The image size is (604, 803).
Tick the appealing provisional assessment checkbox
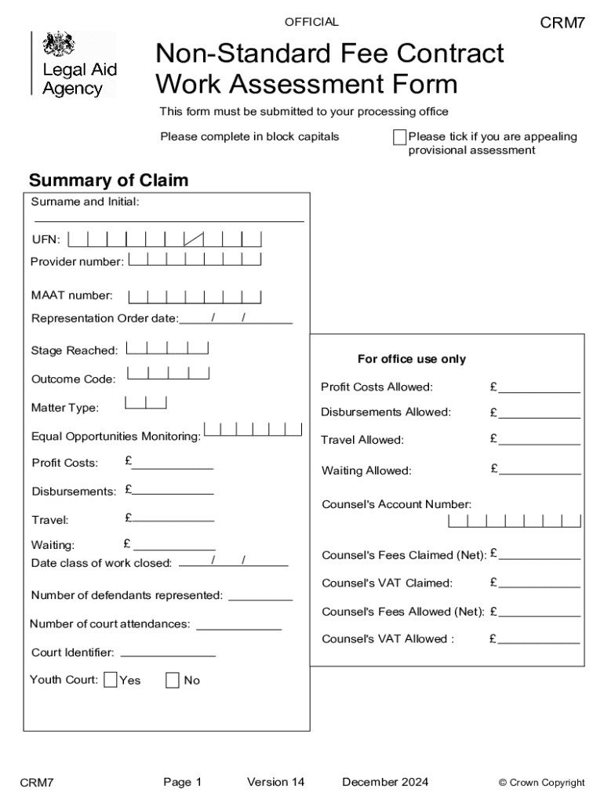click(399, 138)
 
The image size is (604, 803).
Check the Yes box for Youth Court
click(111, 680)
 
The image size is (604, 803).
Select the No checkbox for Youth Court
click(173, 680)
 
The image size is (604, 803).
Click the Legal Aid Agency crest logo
click(57, 44)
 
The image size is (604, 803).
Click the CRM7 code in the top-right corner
click(562, 23)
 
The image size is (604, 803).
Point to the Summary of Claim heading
click(108, 181)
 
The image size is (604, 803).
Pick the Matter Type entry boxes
click(146, 404)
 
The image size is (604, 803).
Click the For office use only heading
click(411, 359)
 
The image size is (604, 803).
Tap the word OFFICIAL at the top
click(312, 22)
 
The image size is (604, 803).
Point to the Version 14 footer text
click(275, 782)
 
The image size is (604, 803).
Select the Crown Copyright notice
click(541, 783)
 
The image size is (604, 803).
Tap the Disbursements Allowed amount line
click(539, 416)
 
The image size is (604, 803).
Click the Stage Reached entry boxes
click(167, 348)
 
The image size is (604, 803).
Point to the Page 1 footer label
click(183, 782)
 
